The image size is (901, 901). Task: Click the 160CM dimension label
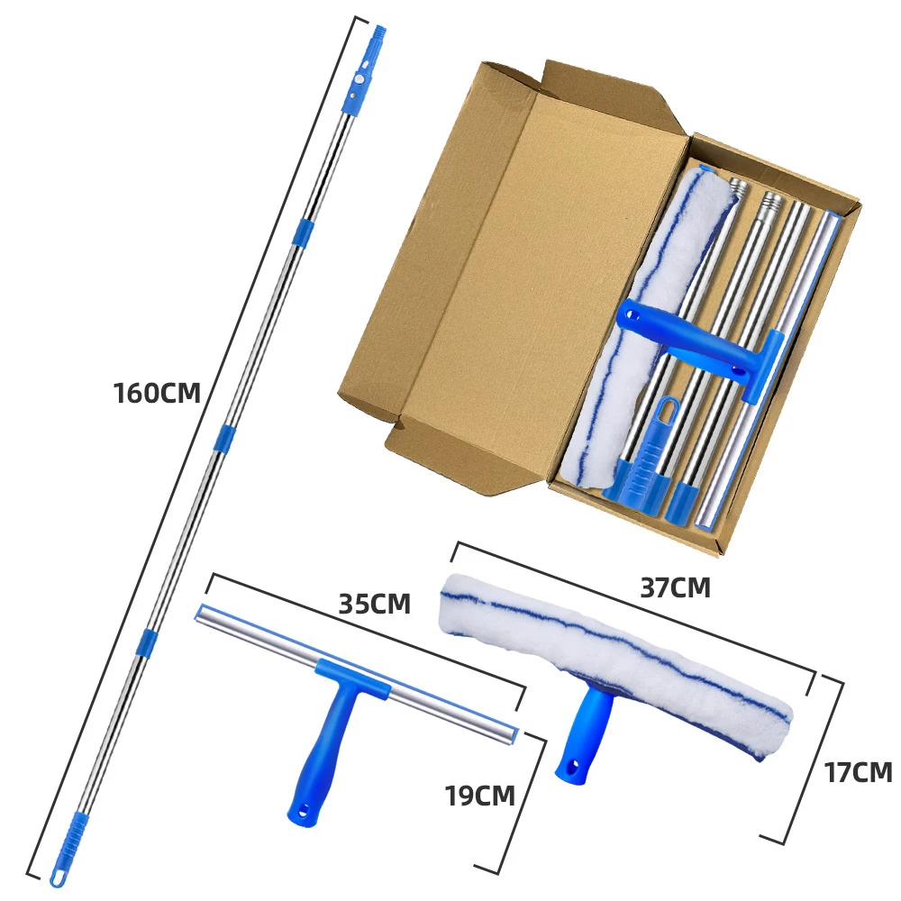pos(157,393)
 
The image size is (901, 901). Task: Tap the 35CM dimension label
pos(374,604)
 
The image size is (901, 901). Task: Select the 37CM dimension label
pos(675,587)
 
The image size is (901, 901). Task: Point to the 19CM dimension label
pos(480,796)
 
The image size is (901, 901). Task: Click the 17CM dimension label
pos(859,772)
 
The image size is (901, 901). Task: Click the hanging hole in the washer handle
pos(570,767)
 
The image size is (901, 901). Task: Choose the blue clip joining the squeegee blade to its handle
pos(353,678)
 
